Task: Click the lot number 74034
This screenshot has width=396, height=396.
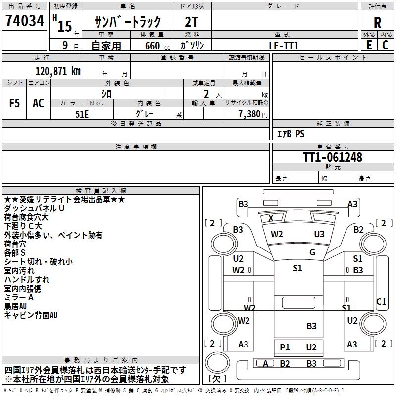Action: [25, 22]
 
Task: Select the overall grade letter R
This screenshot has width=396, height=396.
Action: [377, 22]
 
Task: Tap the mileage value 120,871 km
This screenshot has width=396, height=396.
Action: [58, 71]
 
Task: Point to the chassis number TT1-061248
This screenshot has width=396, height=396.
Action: [333, 157]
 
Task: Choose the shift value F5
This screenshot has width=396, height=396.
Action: [14, 103]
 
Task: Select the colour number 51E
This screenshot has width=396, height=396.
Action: [82, 113]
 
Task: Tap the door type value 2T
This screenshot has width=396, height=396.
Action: [192, 23]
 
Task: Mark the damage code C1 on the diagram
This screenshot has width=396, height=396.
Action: [381, 301]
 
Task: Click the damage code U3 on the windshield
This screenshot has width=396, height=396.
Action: [319, 234]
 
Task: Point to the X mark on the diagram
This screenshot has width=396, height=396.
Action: [271, 218]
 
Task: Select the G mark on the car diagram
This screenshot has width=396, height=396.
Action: [312, 252]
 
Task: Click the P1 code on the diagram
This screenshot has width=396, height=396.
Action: [285, 347]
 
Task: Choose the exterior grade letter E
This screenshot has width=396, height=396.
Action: [369, 45]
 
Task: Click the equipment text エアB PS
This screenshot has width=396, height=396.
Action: [291, 134]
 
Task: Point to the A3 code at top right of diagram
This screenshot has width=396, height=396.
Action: [352, 204]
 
